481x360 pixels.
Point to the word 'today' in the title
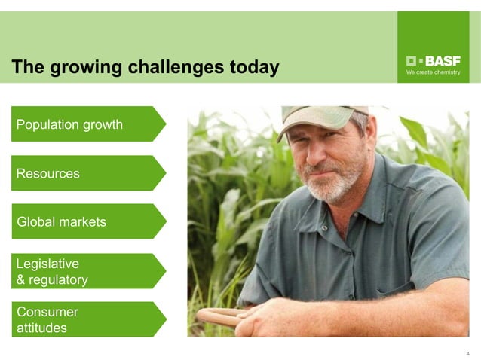tap(253, 68)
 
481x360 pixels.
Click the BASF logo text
tap(441, 60)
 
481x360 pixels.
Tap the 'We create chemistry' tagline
tap(433, 72)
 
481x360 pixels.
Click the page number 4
tap(467, 353)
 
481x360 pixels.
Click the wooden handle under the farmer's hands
tap(219, 316)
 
